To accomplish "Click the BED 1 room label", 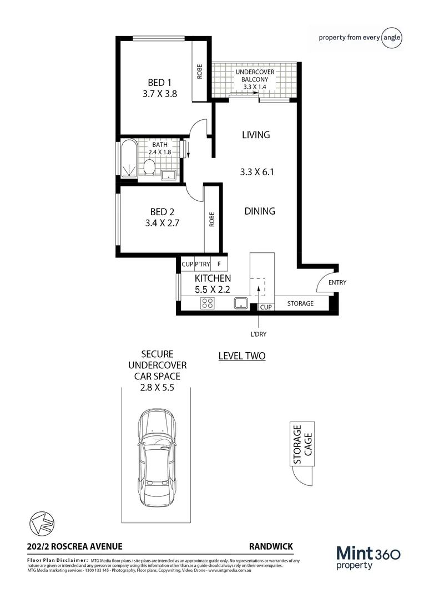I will [x=155, y=83].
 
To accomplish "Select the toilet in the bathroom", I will [x=149, y=167].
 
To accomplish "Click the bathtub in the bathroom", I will [x=128, y=160].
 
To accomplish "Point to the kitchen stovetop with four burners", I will [x=208, y=303].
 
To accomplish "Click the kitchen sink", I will [x=240, y=303].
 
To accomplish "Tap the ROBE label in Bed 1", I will [x=199, y=72].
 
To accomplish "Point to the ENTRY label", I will [x=337, y=282].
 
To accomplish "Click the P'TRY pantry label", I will [x=202, y=265].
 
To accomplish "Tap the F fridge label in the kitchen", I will [x=219, y=265].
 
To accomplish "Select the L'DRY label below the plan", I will [x=259, y=335].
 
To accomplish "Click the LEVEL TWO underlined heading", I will [x=241, y=356].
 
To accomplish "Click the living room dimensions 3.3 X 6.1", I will [x=257, y=172].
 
